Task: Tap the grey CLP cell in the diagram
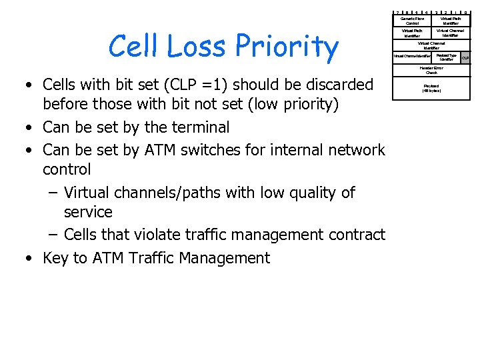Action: point(465,58)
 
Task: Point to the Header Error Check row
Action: point(431,71)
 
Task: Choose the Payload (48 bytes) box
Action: point(431,87)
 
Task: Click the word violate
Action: point(158,235)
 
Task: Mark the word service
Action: point(88,212)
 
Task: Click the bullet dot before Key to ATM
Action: point(30,259)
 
